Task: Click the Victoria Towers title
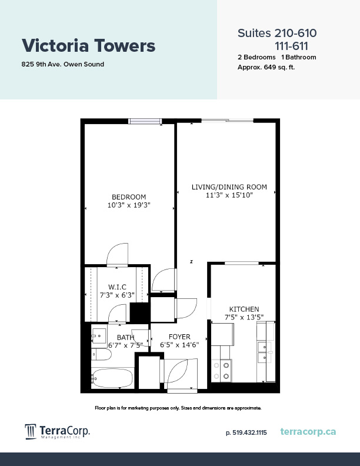click(88, 45)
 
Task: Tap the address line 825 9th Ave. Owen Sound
click(63, 64)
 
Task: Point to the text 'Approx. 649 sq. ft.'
click(266, 67)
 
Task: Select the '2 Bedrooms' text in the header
click(256, 57)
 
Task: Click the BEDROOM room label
click(129, 197)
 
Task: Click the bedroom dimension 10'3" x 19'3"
click(129, 205)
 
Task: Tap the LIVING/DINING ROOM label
click(229, 187)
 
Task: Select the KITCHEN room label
click(244, 309)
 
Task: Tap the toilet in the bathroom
click(101, 355)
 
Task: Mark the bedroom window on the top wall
click(145, 121)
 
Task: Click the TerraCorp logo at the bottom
click(57, 432)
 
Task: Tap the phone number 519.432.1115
click(246, 432)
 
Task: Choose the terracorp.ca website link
click(308, 432)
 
